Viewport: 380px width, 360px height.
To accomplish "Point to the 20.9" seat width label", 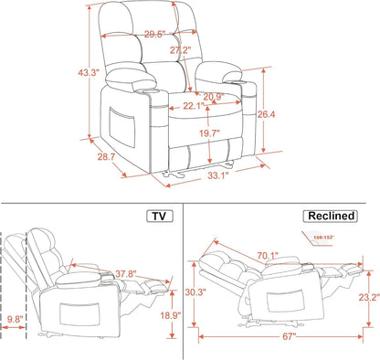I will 214,97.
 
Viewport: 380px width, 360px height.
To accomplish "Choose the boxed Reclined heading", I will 330,216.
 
